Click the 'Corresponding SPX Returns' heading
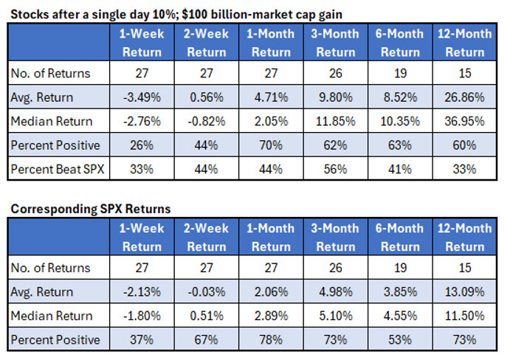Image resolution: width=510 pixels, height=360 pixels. pos(90,209)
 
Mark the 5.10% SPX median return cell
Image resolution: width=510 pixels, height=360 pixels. pos(336,316)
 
